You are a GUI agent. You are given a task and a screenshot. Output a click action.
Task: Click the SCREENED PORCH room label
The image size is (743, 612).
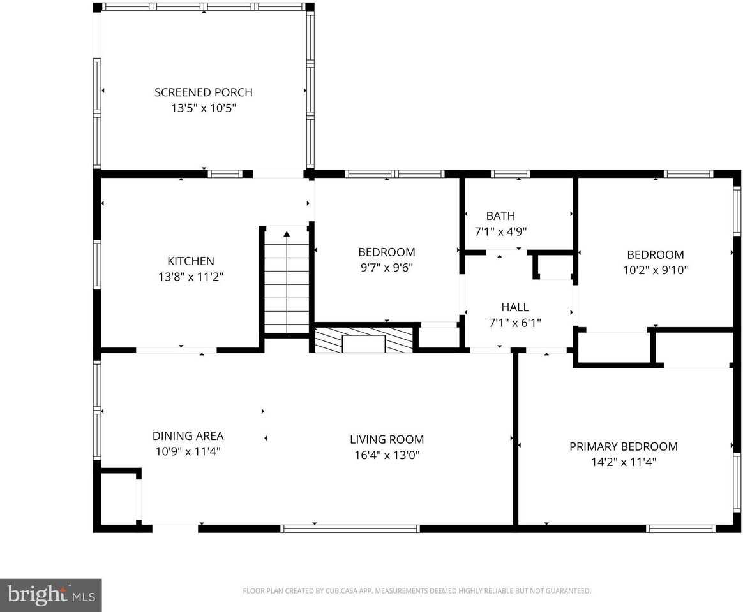[203, 92]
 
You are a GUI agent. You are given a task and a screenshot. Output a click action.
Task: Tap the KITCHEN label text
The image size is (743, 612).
[190, 261]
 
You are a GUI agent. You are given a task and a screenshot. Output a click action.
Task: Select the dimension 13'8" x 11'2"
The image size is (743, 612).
[190, 277]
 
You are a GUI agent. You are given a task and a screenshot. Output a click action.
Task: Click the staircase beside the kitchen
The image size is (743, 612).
[287, 280]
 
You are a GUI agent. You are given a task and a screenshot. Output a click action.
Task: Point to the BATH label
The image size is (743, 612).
[500, 216]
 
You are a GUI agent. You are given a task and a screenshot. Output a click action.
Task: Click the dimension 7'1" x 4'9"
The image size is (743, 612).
[500, 232]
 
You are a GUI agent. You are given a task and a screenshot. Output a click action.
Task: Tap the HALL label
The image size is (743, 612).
[514, 307]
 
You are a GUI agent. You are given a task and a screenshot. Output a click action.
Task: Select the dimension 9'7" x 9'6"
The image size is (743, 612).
[386, 268]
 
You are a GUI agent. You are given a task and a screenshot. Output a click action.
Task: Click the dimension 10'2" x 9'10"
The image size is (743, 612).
[655, 270]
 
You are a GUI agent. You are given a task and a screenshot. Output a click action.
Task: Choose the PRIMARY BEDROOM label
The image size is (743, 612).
[623, 446]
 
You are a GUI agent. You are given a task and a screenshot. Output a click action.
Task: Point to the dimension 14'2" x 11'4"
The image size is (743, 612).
[623, 462]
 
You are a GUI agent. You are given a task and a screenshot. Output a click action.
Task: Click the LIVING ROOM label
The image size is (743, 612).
[386, 439]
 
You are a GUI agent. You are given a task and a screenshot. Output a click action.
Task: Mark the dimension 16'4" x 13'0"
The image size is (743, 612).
[386, 455]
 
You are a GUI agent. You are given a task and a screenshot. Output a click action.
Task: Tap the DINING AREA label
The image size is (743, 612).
[188, 436]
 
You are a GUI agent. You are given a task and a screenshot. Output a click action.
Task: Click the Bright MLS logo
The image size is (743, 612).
[50, 595]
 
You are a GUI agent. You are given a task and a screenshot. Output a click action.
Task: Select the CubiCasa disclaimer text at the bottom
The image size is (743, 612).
[416, 591]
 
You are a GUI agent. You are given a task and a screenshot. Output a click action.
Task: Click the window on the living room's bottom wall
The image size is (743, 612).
[350, 528]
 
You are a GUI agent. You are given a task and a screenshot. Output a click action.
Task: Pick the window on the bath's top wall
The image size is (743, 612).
[510, 173]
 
